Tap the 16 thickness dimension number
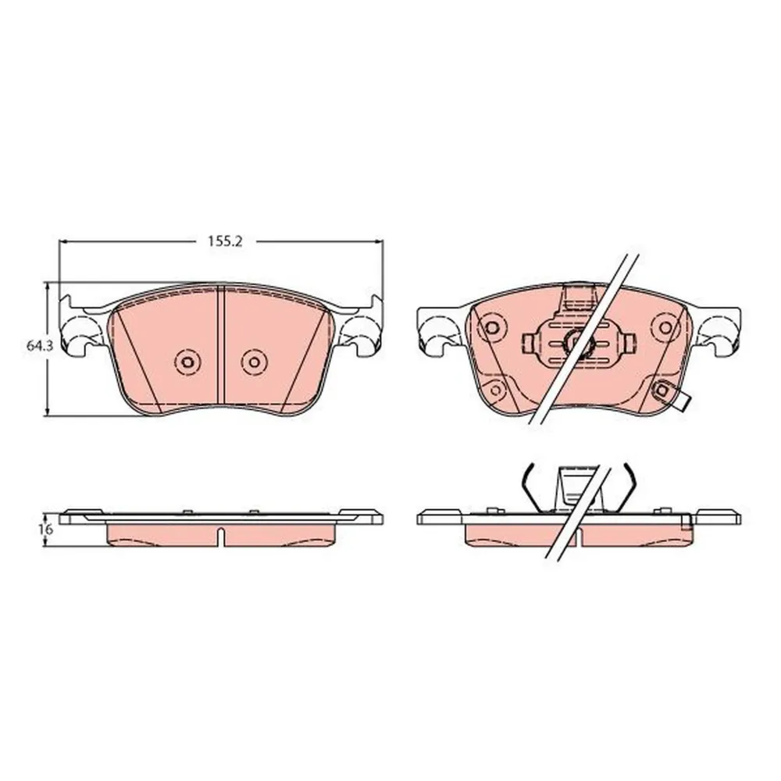pos(45,530)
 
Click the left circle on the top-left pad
pos(187,362)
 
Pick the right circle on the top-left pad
pos(254,361)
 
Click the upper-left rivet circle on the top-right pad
pos(491,327)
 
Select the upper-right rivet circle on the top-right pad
pos(666,327)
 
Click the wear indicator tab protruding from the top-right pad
pos(675,396)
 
